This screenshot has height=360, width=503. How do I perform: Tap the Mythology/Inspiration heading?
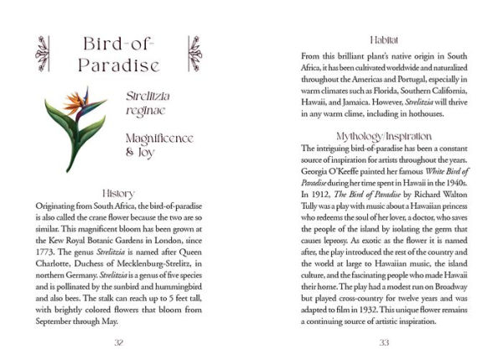click(384, 135)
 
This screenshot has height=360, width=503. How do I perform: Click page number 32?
click(117, 342)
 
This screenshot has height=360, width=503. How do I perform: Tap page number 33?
click(384, 342)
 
